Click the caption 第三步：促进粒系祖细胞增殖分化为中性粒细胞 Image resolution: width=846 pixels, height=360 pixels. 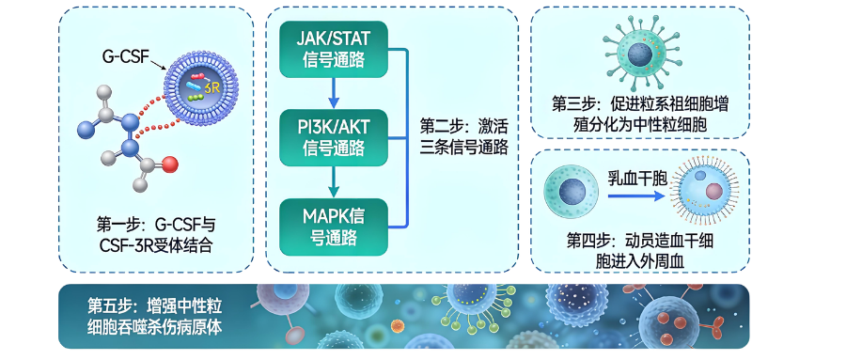pyautogui.click(x=640, y=114)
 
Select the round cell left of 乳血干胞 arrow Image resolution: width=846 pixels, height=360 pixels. pyautogui.click(x=572, y=191)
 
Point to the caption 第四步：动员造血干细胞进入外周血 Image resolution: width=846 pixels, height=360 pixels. pyautogui.click(x=639, y=246)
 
